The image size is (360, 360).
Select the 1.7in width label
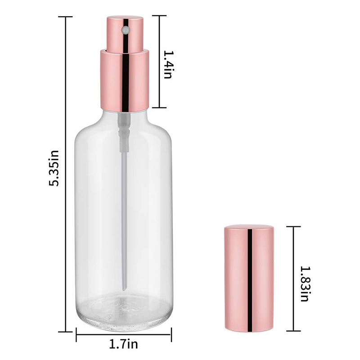(x=123, y=345)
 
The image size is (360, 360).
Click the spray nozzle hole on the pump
(x=126, y=30)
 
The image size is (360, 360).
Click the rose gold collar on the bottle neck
(x=124, y=80)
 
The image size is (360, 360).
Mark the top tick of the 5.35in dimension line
(x=66, y=17)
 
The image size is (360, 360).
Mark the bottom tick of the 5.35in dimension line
(x=66, y=331)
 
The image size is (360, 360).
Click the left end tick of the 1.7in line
(x=76, y=334)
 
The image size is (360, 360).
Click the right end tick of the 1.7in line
(x=171, y=334)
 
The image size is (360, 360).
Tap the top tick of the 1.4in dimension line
(x=159, y=16)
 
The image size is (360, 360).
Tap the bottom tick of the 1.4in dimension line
(x=159, y=108)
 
